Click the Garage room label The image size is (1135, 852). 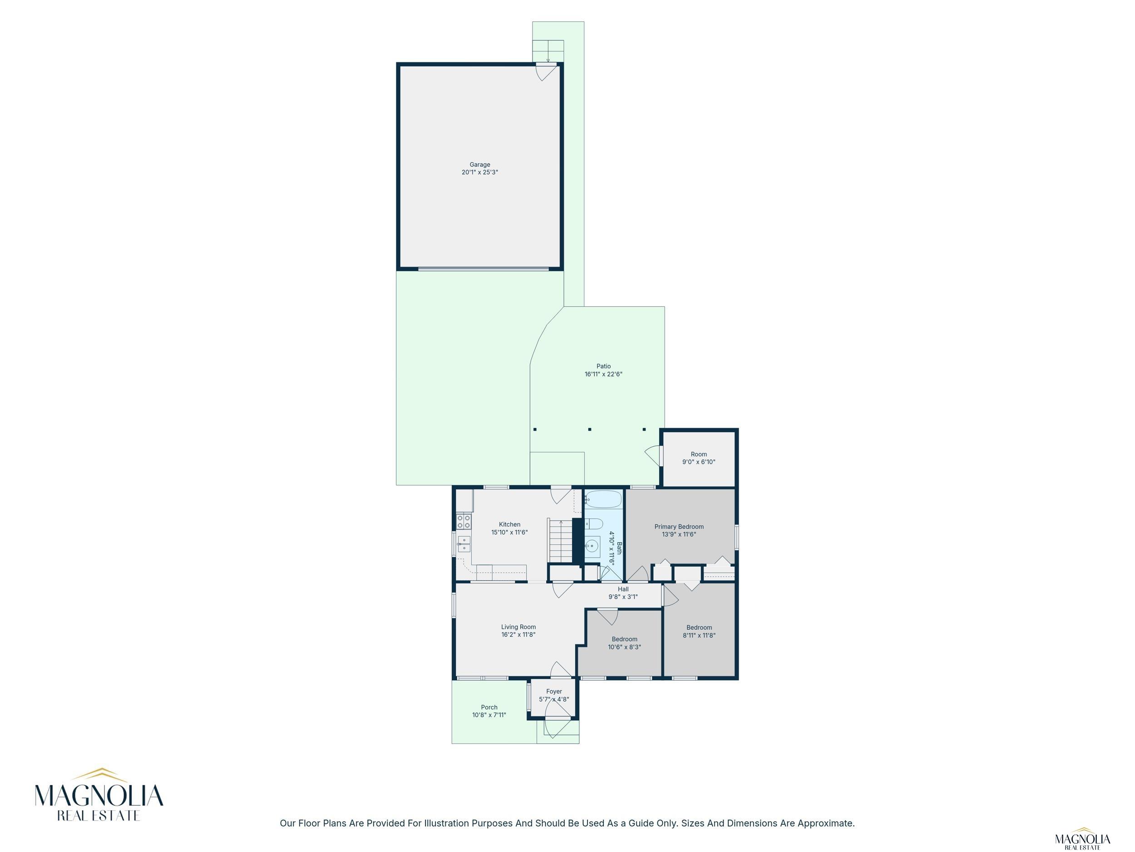pos(480,165)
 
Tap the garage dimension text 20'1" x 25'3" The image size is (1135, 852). pos(480,173)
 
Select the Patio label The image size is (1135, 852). pos(603,366)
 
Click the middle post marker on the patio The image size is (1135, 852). pos(590,429)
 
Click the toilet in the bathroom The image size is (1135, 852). pos(594,524)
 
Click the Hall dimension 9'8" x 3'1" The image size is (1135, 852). pos(623,597)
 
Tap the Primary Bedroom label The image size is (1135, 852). pos(679,526)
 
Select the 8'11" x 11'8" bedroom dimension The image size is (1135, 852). pos(699,635)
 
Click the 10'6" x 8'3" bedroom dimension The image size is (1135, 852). pos(624,647)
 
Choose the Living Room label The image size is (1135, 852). pos(518,627)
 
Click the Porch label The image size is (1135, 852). pos(489,707)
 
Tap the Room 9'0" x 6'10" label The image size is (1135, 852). pos(698,458)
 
